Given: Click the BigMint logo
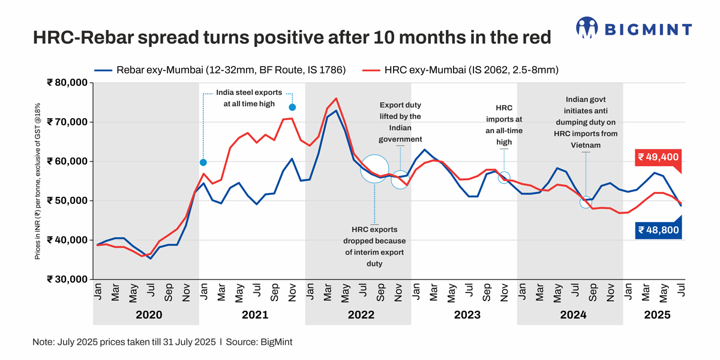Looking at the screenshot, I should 634,28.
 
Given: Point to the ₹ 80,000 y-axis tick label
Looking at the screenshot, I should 67,83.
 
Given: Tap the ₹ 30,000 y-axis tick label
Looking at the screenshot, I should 67,279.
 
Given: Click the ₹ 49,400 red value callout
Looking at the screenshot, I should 658,158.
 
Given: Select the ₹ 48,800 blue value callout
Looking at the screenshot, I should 658,229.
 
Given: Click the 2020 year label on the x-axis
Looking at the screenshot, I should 146,314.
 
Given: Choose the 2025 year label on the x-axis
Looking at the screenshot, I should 657,314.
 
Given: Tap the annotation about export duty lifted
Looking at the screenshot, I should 400,122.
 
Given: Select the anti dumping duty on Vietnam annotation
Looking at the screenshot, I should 586,122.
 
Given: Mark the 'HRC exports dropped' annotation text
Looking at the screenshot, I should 374,247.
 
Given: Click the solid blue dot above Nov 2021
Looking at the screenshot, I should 292,107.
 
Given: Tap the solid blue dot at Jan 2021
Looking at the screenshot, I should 203,163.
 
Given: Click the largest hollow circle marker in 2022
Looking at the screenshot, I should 375,169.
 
